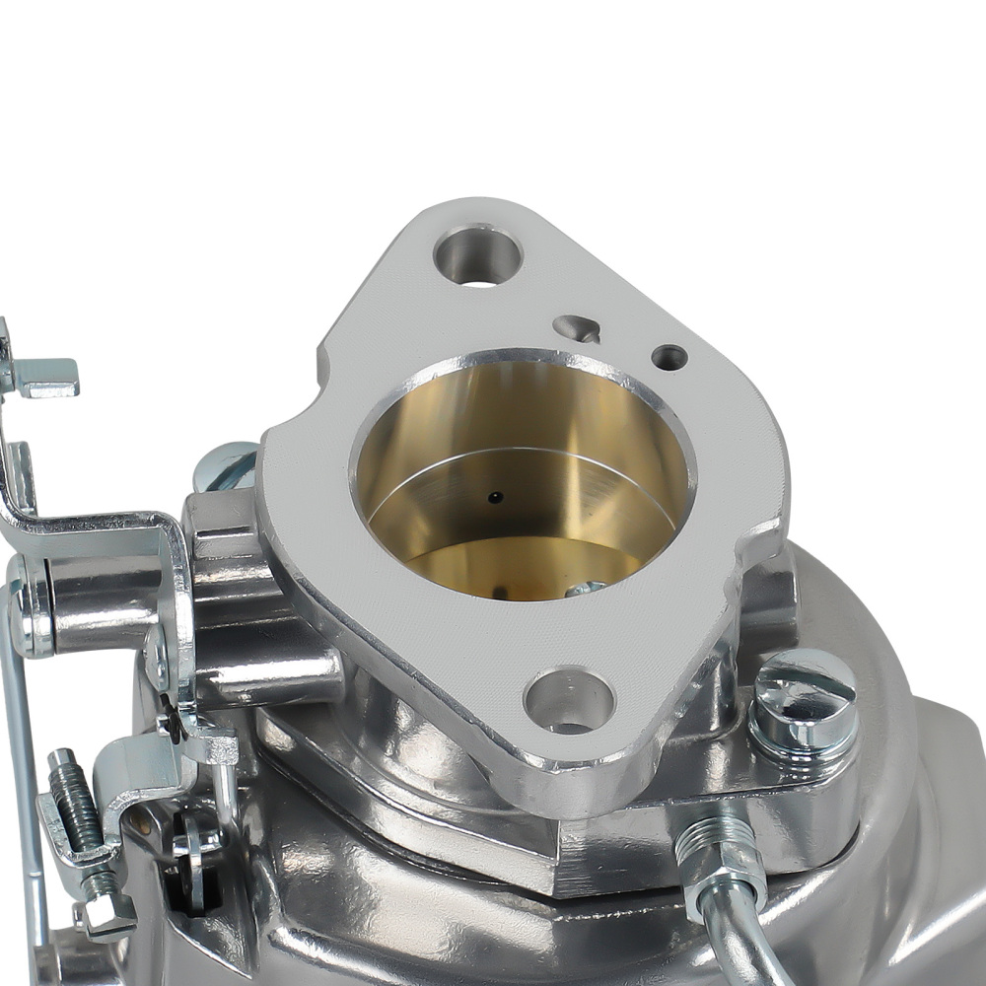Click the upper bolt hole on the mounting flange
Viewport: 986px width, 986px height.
(477, 256)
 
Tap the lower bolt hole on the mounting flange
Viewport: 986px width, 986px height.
(569, 701)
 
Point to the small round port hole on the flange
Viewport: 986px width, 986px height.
(669, 357)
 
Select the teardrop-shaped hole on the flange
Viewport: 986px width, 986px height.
(578, 328)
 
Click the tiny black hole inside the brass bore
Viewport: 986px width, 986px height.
(496, 496)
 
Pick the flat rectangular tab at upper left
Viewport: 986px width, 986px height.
(43, 378)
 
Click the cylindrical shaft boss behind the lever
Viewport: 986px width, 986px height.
(108, 601)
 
